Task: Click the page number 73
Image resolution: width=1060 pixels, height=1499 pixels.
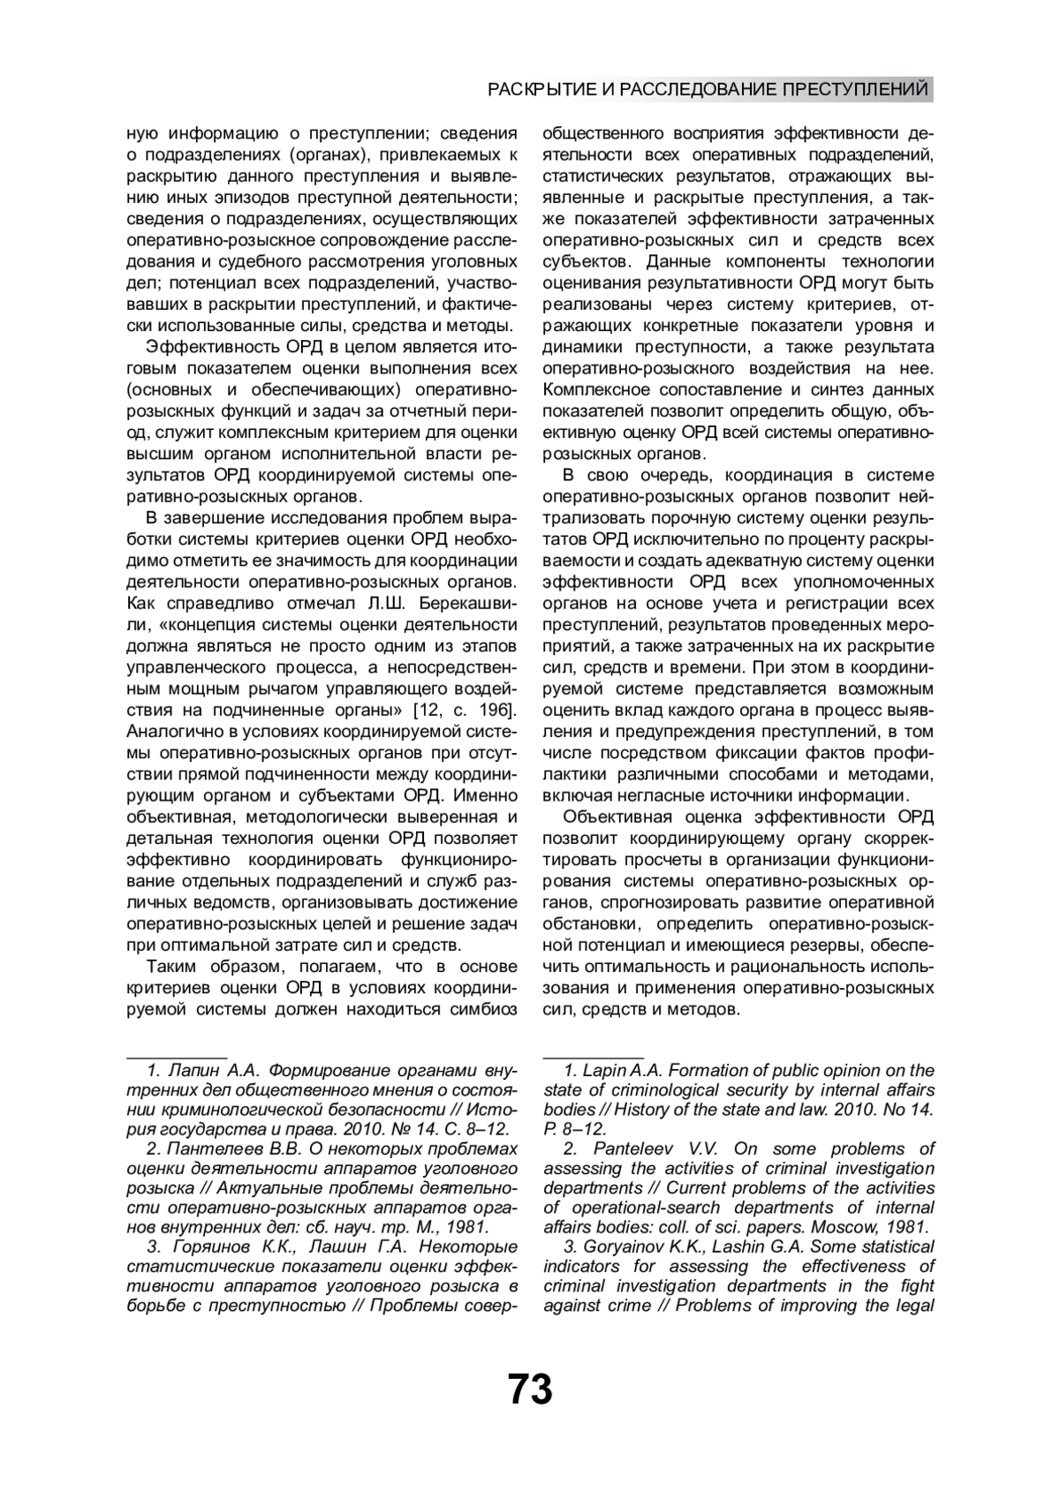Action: (530, 1389)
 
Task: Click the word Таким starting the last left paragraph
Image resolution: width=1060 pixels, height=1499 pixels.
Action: (173, 967)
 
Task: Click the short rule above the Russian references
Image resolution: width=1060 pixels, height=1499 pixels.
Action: (178, 1057)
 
